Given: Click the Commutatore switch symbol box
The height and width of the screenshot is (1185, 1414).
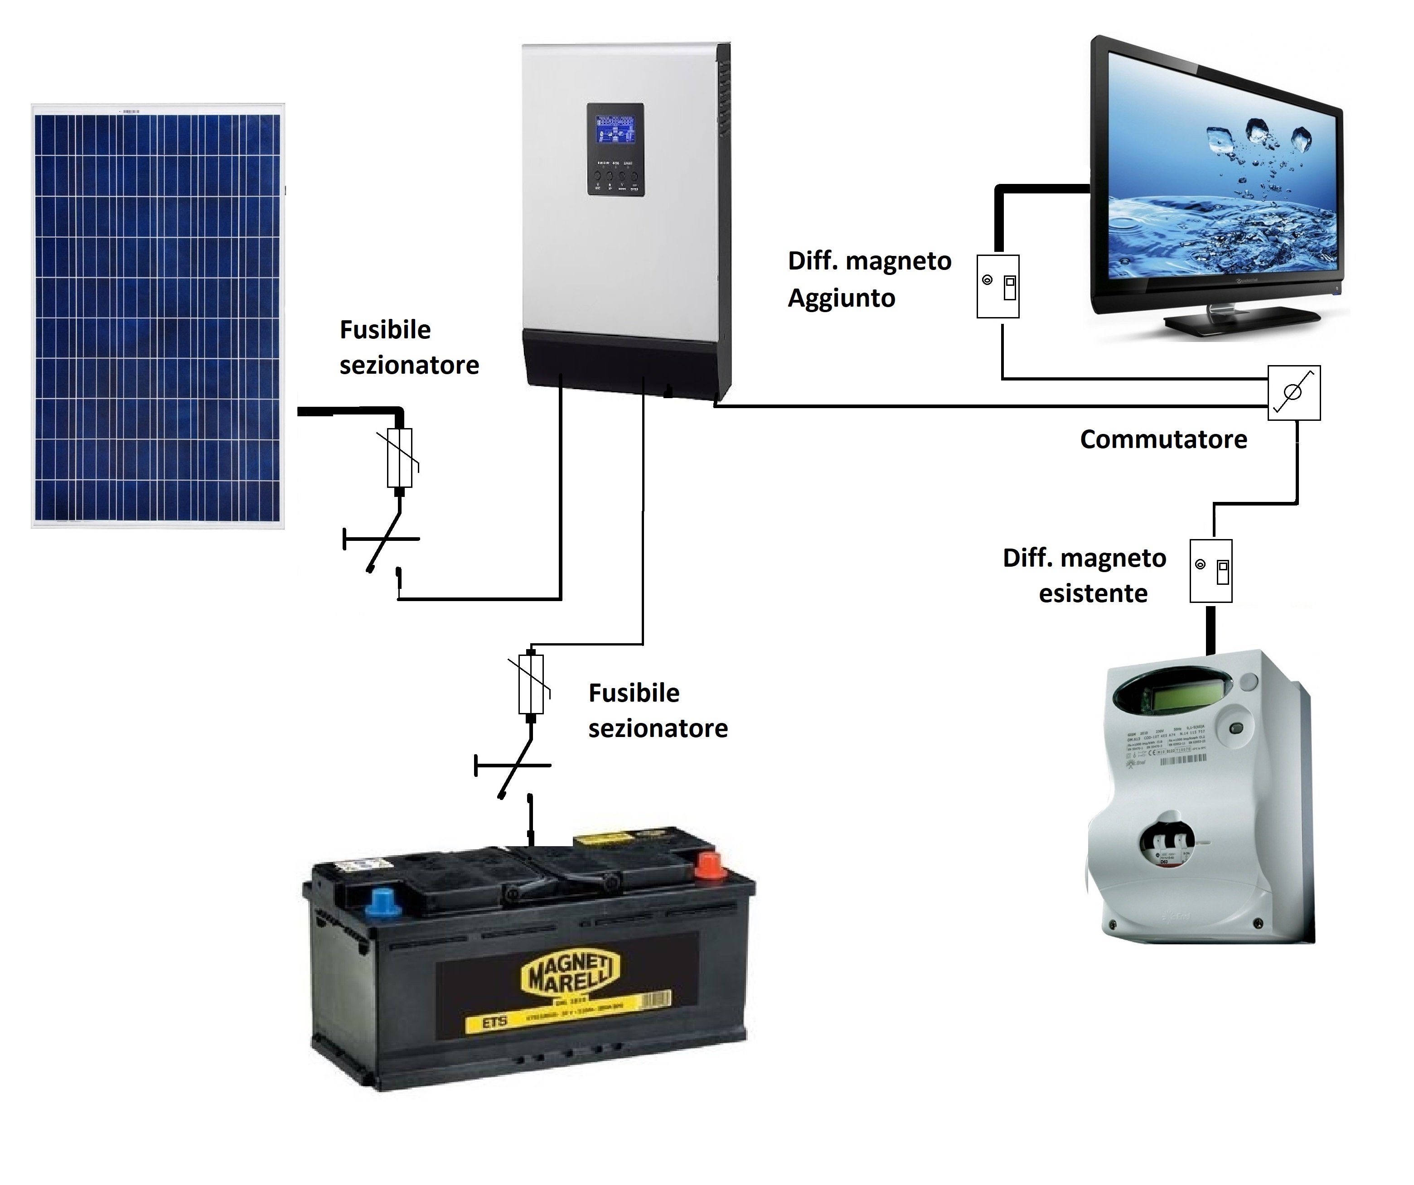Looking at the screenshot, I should pos(1293,393).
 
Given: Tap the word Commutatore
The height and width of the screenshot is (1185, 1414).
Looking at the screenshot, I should pos(1163,439).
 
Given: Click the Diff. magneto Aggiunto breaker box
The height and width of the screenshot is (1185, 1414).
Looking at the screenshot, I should pos(998,286).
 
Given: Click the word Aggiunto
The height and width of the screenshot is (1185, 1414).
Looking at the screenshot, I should pos(841,298).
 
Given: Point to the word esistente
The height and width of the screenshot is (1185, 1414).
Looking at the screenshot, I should pos(1093,593).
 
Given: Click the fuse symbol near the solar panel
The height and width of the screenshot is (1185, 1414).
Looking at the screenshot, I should pos(400,458).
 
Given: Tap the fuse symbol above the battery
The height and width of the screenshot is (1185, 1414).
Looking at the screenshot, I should pos(531,684).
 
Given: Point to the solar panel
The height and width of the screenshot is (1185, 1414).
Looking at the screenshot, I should pos(158,316).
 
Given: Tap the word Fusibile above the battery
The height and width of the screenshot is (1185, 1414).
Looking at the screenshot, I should pos(634,693).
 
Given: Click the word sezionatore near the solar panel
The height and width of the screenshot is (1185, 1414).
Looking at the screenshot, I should pos(409,366).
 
